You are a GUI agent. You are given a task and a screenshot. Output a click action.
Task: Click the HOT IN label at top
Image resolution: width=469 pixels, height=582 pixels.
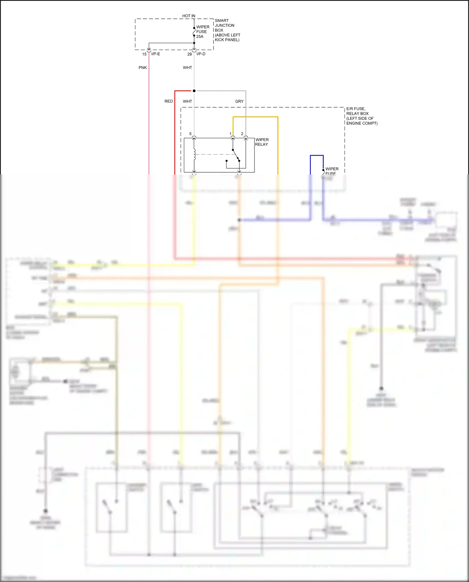pos(189,16)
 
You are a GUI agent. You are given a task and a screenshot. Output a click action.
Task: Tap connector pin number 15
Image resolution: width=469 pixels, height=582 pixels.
pos(144,54)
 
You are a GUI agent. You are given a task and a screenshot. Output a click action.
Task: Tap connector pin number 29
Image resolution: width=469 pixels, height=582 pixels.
pos(189,54)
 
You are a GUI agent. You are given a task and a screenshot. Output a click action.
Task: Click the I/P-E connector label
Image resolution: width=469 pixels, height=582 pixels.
pos(156,54)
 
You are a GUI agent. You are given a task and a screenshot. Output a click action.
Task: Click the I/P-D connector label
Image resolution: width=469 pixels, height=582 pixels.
pos(201,54)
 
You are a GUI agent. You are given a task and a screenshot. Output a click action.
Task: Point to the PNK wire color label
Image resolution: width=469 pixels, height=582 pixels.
pos(143,68)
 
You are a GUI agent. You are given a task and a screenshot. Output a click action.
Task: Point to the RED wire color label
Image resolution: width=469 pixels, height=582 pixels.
pos(169,101)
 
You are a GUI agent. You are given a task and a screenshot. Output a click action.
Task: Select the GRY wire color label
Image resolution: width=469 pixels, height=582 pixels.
pos(239,101)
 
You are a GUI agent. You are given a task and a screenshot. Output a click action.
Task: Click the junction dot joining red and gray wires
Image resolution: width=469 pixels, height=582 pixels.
pos(194,91)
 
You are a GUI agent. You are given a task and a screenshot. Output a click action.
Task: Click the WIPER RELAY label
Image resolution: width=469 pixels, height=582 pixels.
pos(262,142)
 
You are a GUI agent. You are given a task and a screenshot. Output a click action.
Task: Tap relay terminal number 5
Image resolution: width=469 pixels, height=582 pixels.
pos(190,134)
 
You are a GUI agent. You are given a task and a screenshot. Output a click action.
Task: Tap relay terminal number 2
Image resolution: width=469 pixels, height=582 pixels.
pos(242,134)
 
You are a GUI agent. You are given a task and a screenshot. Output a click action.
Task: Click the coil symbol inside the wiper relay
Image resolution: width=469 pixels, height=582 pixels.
pos(194,154)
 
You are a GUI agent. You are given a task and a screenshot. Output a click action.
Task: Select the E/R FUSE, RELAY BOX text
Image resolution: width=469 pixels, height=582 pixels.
pos(361,116)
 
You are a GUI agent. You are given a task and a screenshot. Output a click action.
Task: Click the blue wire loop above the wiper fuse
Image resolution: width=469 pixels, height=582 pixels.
pos(317,155)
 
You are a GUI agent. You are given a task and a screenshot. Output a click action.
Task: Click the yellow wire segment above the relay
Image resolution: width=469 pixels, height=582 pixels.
pos(255,117)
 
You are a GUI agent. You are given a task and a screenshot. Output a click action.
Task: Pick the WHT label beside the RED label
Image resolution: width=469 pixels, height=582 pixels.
pos(187,101)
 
